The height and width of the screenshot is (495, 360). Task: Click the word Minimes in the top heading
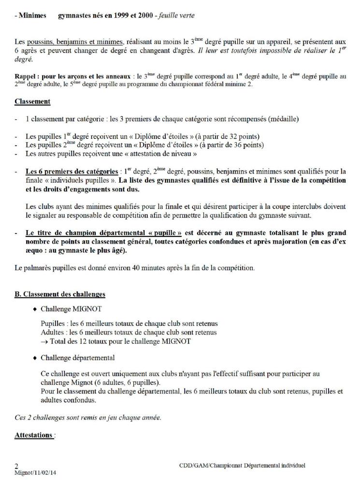pyautogui.click(x=33, y=15)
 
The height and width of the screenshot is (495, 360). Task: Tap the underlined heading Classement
pyautogui.click(x=32, y=102)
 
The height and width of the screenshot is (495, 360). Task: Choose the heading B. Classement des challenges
pyautogui.click(x=60, y=294)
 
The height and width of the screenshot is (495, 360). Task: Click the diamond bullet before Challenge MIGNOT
pyautogui.click(x=35, y=308)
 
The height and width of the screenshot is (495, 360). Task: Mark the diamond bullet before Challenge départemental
pyautogui.click(x=35, y=358)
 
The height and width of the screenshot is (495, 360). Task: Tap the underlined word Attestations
pyautogui.click(x=33, y=435)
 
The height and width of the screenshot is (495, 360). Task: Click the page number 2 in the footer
pyautogui.click(x=17, y=466)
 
